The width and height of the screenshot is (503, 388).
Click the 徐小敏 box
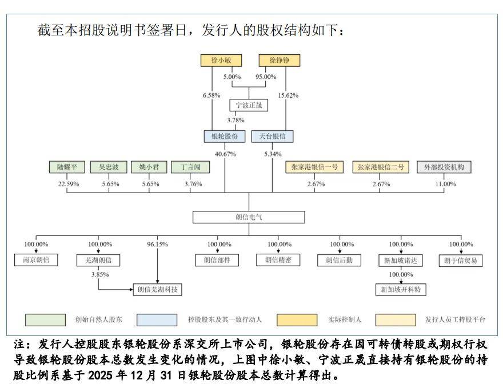click(221, 60)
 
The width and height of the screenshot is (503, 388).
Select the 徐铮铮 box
click(279, 60)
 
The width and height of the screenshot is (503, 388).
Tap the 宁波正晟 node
click(248, 105)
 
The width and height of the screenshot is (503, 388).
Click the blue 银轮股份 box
click(224, 136)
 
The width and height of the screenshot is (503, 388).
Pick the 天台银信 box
click(272, 136)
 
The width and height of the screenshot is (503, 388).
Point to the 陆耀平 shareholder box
click(67, 167)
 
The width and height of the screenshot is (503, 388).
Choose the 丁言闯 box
click(190, 167)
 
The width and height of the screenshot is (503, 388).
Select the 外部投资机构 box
click(444, 167)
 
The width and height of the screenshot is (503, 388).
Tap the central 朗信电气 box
click(249, 217)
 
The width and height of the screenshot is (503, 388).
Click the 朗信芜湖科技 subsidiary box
click(157, 289)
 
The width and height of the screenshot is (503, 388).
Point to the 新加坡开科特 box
click(400, 289)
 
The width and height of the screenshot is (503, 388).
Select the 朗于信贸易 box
click(461, 260)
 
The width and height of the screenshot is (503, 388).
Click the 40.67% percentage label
click(225, 154)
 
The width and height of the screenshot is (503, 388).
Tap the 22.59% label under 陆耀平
click(68, 184)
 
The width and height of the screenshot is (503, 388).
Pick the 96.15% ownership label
click(157, 245)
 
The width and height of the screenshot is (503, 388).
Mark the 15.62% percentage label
click(288, 95)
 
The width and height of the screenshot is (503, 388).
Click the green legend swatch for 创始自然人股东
click(45, 319)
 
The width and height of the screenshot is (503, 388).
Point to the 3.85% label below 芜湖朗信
click(100, 274)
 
